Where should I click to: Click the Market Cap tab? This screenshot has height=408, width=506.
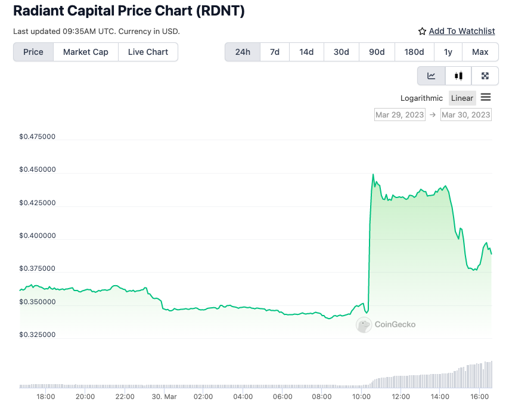(x=86, y=52)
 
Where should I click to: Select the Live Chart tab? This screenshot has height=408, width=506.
(x=148, y=52)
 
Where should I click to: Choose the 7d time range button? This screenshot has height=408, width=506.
(x=275, y=52)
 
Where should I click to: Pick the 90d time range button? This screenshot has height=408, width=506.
(x=377, y=52)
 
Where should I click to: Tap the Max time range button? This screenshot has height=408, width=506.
(x=480, y=52)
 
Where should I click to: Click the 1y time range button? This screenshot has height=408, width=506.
(x=448, y=52)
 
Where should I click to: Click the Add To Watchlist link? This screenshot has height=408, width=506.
(x=462, y=31)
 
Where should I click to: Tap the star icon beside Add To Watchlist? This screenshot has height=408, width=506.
(x=423, y=31)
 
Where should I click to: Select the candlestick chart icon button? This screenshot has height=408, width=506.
(x=458, y=76)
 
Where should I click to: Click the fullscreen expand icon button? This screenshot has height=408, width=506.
(x=485, y=76)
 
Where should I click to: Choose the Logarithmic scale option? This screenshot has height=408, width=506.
(x=422, y=98)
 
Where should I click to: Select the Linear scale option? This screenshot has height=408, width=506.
(x=462, y=98)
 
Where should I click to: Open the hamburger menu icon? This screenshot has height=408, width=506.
(x=486, y=97)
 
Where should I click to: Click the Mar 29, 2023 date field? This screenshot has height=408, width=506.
(x=400, y=115)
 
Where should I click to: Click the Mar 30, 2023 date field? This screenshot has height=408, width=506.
(x=466, y=115)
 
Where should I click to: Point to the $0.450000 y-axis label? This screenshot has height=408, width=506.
(x=37, y=169)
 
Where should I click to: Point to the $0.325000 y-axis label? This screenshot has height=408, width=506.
(x=37, y=335)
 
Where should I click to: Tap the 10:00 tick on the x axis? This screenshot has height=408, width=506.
(x=361, y=397)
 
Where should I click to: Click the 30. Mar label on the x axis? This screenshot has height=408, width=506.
(x=164, y=397)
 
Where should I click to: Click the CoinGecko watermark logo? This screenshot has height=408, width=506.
(x=386, y=324)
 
